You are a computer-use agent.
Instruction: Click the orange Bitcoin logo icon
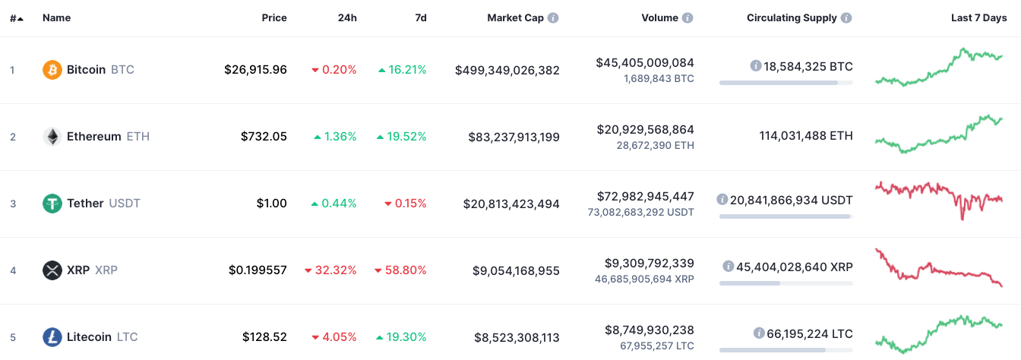(52, 70)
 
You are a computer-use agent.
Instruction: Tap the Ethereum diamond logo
(52, 137)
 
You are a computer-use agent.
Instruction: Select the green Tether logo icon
(52, 204)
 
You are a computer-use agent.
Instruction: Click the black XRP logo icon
(52, 270)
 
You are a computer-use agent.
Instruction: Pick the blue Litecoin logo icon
(52, 337)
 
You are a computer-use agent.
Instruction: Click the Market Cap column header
(516, 17)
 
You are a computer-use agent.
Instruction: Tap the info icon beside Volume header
(688, 17)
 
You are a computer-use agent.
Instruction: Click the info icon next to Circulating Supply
(846, 17)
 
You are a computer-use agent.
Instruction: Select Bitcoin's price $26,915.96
(255, 70)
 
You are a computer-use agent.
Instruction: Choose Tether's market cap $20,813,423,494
(511, 204)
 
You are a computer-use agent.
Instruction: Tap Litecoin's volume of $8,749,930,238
(650, 330)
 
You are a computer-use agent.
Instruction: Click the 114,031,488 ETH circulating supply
(806, 136)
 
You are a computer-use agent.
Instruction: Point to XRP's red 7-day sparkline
(939, 268)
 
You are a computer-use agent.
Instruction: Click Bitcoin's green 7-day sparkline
(939, 67)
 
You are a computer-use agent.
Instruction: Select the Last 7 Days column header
(979, 17)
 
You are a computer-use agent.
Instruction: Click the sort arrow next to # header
(20, 19)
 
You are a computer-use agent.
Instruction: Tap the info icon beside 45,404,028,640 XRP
(729, 266)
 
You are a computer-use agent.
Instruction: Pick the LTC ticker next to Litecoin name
(127, 337)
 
